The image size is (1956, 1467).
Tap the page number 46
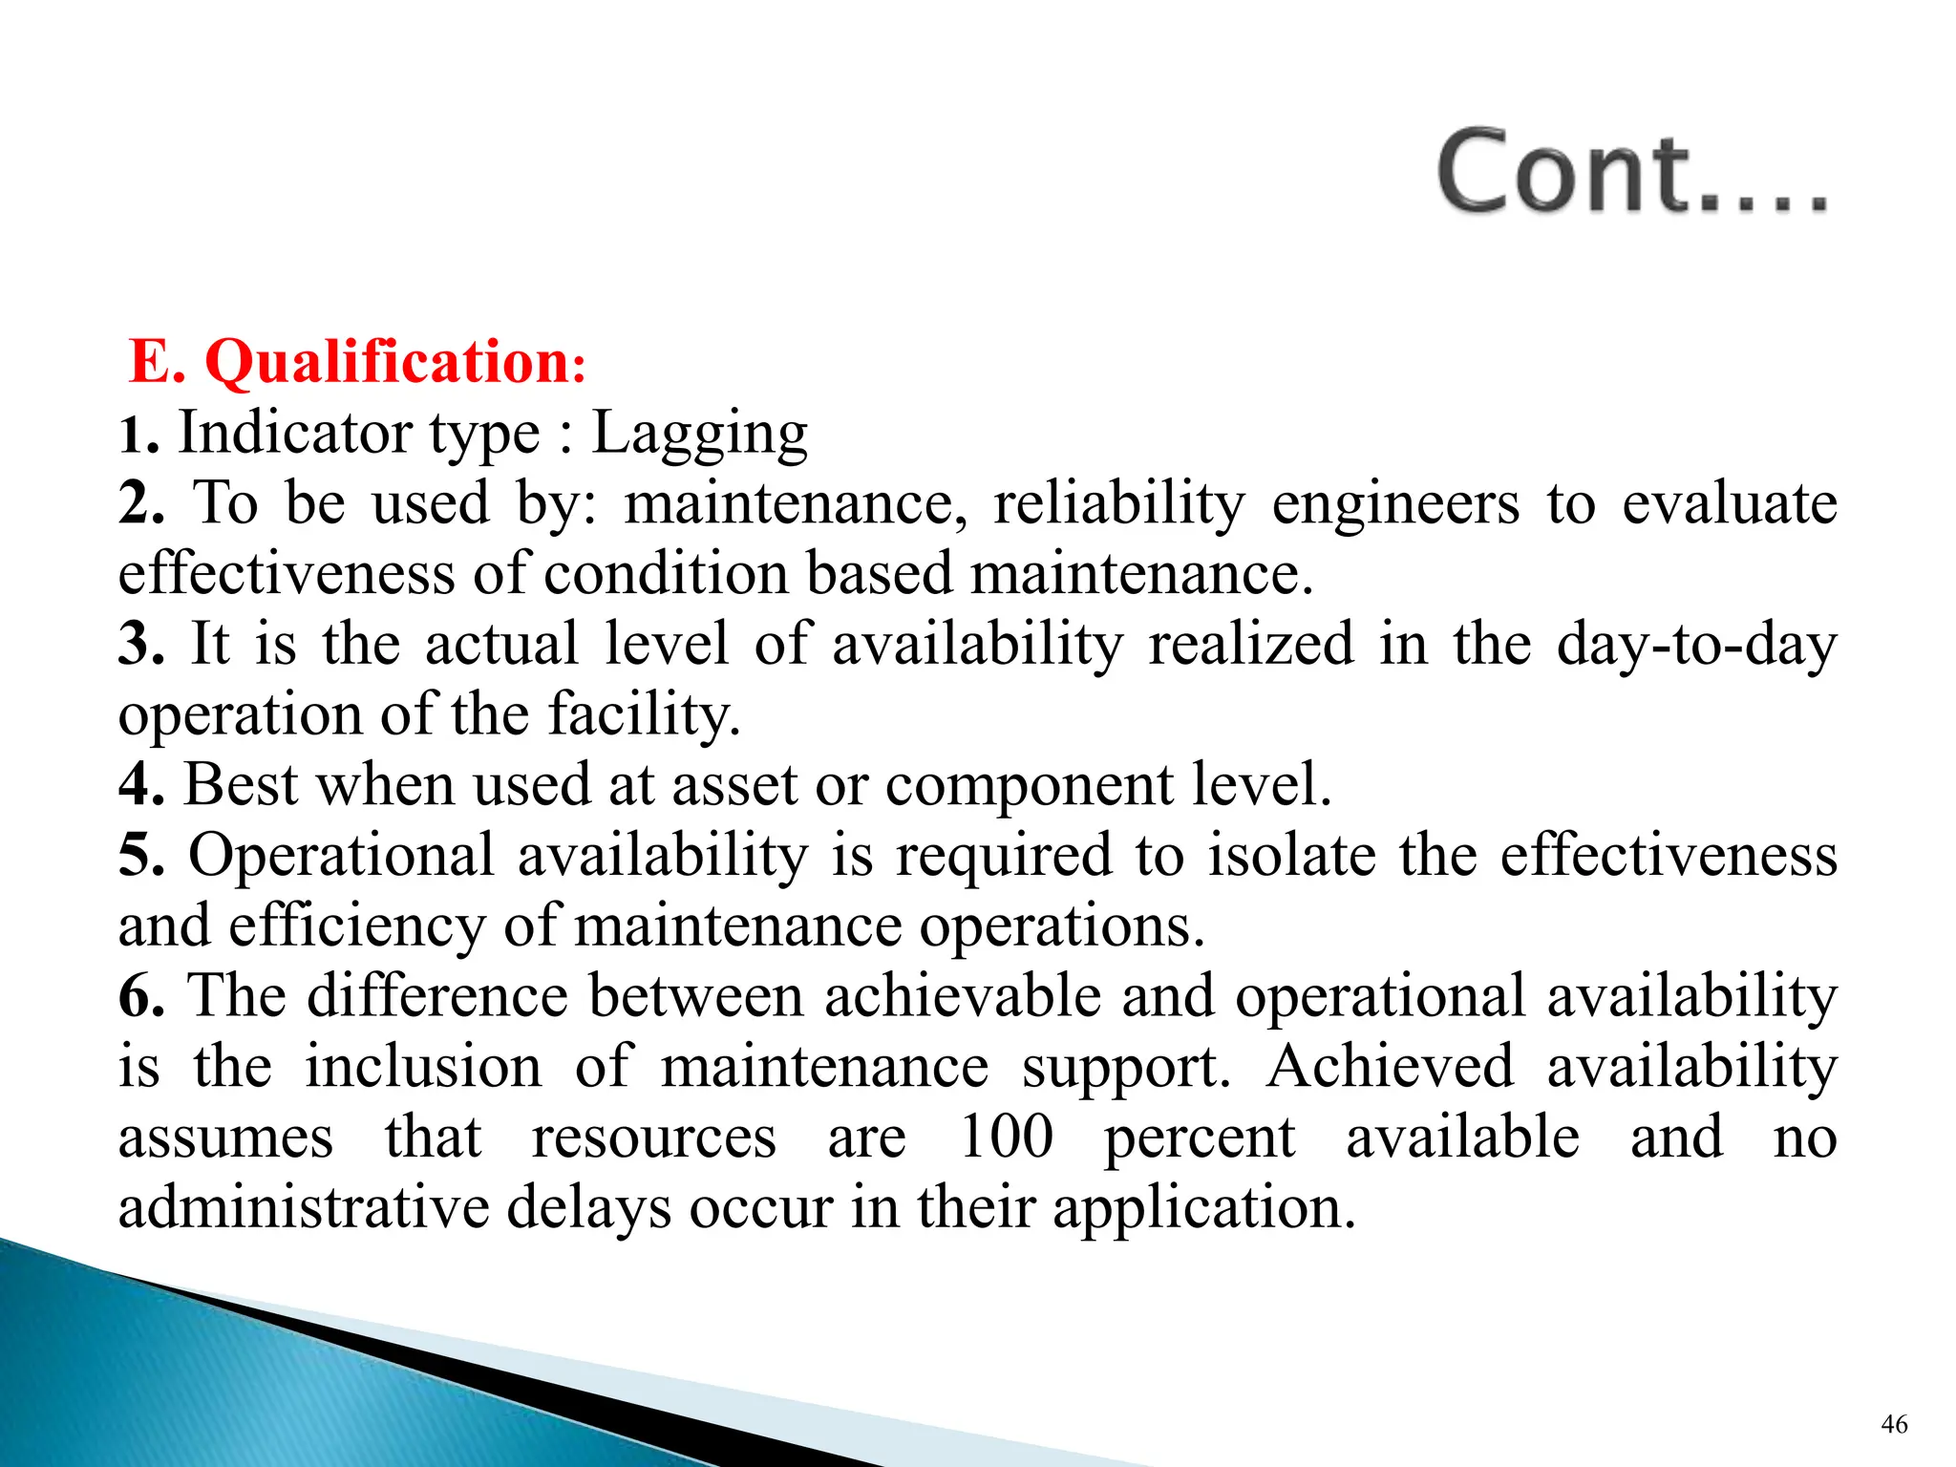point(1894,1424)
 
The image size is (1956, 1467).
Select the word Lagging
point(699,435)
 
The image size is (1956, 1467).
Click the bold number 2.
point(139,502)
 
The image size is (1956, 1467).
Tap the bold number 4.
point(139,785)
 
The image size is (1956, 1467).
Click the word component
point(1029,786)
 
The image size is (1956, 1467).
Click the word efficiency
point(356,926)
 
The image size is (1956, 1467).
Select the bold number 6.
point(139,996)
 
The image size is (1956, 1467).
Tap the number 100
point(1006,1137)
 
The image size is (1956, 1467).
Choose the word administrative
point(304,1207)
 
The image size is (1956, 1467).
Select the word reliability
point(1118,503)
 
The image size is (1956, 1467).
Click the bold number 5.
point(139,855)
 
